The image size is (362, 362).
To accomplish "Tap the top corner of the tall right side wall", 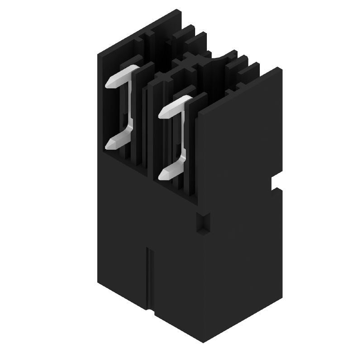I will pyautogui.click(x=276, y=68).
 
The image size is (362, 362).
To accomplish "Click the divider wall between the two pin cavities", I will pyautogui.click(x=151, y=131).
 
